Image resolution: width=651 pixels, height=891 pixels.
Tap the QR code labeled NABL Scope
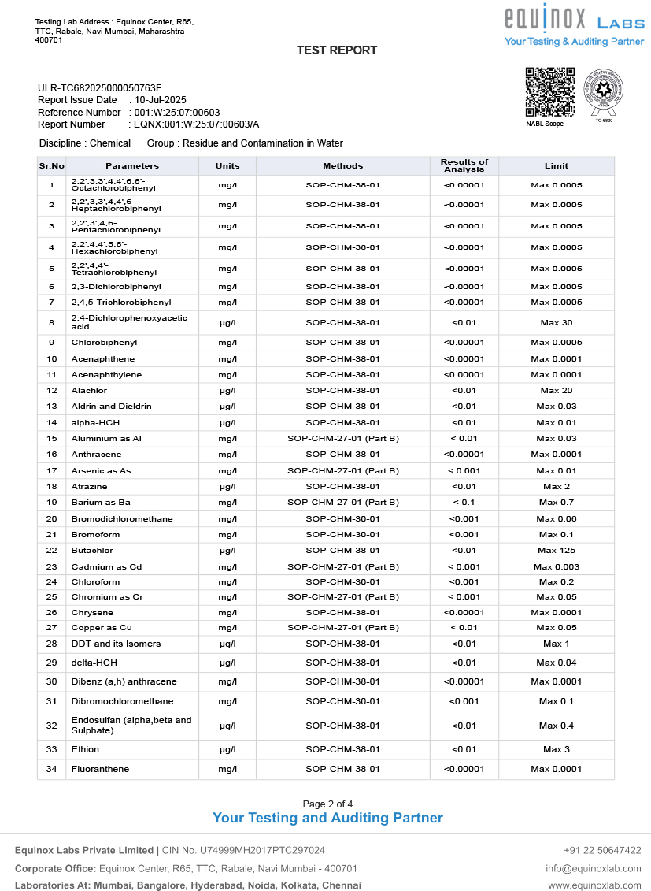click(x=549, y=92)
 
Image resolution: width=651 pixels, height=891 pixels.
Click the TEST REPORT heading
click(x=336, y=50)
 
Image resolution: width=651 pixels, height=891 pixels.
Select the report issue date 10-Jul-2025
click(x=161, y=100)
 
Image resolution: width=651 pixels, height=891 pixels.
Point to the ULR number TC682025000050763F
click(x=99, y=88)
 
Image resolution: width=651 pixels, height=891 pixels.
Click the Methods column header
click(x=342, y=166)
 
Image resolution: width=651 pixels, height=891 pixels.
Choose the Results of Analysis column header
click(x=464, y=165)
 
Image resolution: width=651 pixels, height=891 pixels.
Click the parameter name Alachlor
click(x=89, y=391)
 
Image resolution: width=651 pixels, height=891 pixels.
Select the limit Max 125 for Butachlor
click(x=556, y=551)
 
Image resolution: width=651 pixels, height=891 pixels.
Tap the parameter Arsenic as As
click(x=101, y=470)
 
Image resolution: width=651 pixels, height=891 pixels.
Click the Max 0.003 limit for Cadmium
click(x=556, y=566)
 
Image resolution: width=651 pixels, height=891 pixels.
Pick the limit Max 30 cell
click(x=556, y=323)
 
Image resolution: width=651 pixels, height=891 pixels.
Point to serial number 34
click(x=51, y=769)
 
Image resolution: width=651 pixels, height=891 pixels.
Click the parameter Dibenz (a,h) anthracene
click(x=124, y=681)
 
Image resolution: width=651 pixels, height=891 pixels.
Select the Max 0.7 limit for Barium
click(x=556, y=503)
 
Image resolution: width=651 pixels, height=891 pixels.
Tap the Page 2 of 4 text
click(x=327, y=804)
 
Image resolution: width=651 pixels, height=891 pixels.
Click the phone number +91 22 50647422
click(x=602, y=851)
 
